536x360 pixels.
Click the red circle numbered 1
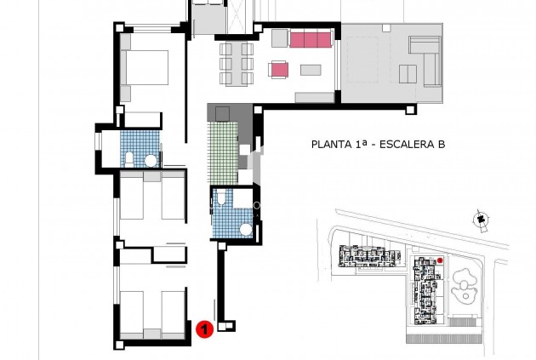tap(204, 329)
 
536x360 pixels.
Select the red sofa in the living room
tap(310, 39)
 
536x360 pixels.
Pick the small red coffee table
tap(279, 68)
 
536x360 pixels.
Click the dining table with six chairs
tap(237, 62)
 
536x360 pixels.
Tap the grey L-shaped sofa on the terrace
tap(425, 55)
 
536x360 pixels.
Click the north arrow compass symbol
tap(482, 220)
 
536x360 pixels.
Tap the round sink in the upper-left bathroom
tap(150, 159)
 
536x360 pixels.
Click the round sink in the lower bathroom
tap(246, 228)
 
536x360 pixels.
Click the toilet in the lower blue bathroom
tap(220, 201)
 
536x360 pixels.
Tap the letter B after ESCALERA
tap(442, 145)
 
